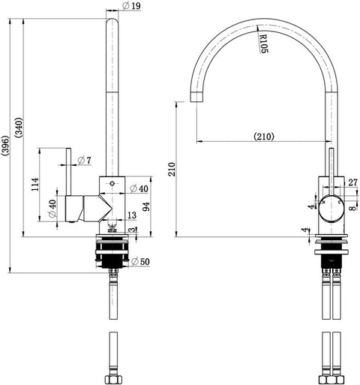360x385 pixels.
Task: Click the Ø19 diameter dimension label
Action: point(132,6)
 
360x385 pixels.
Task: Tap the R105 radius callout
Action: point(263,44)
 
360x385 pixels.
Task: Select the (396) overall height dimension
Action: point(5,146)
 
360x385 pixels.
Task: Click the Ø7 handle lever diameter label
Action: point(85,160)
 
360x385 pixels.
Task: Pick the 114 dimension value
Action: point(35,185)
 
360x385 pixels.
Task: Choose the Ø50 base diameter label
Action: point(140,262)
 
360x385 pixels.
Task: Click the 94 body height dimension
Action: point(146,206)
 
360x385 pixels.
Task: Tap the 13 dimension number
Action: point(132,215)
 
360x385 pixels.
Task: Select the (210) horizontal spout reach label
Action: point(264,137)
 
